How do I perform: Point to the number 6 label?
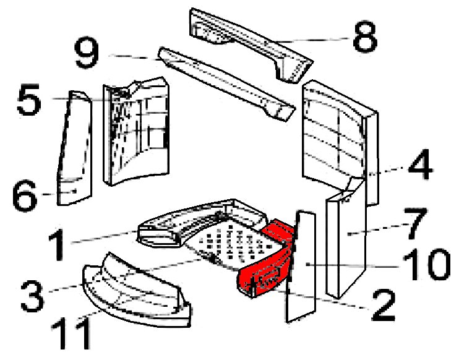(x=28, y=199)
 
